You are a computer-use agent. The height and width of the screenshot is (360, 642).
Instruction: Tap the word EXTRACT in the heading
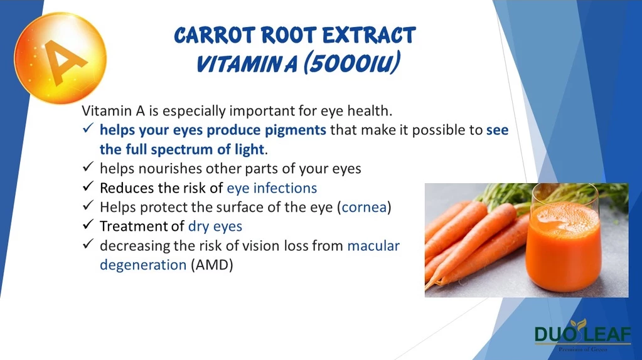click(369, 36)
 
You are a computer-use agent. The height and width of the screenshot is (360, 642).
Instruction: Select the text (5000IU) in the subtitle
click(351, 63)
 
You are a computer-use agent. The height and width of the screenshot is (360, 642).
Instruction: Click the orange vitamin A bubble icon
click(61, 58)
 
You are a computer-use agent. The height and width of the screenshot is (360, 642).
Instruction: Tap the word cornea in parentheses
click(364, 207)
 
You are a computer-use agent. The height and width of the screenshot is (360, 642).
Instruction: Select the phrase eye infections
click(272, 188)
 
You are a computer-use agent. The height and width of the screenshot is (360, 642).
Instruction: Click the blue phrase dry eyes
click(215, 226)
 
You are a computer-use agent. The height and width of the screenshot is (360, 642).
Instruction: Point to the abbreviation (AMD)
click(211, 265)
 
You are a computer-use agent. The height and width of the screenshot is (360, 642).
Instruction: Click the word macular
click(373, 245)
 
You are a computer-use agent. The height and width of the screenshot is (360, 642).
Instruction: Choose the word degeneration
click(143, 265)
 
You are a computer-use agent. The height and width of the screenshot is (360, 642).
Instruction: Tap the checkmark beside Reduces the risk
click(88, 187)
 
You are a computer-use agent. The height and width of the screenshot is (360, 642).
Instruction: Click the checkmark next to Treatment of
click(88, 225)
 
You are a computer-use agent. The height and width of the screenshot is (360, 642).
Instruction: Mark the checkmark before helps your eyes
click(88, 129)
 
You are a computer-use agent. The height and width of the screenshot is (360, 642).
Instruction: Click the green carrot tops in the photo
click(508, 195)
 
